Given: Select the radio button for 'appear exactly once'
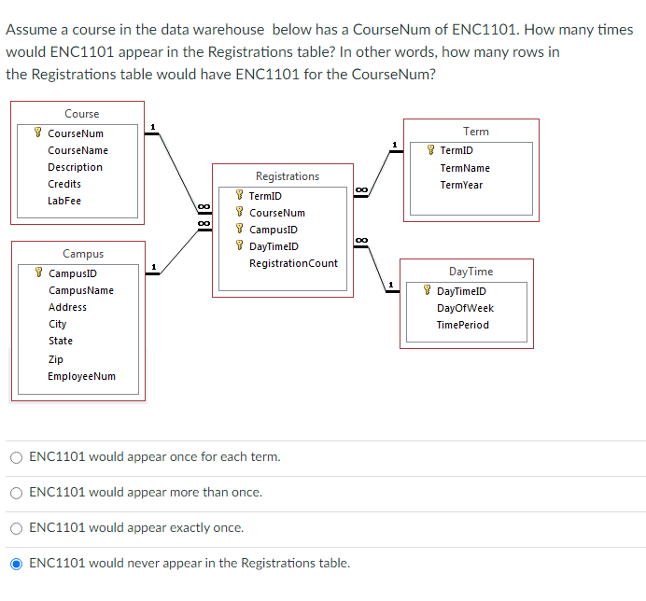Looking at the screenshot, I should tap(17, 528).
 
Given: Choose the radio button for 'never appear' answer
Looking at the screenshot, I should tap(17, 564).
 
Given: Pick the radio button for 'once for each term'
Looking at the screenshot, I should tap(17, 457).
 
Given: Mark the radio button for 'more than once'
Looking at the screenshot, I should tap(17, 493).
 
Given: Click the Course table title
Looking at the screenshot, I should tap(81, 114).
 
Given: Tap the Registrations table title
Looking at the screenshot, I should tap(287, 176).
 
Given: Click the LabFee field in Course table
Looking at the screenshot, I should tap(64, 201).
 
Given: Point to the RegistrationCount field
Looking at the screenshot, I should tap(293, 263).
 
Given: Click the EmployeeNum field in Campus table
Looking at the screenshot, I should tap(82, 376).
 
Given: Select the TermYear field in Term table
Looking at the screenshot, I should tap(461, 185).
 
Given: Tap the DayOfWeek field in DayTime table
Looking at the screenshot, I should tap(465, 308).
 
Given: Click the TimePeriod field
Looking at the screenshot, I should tap(462, 325).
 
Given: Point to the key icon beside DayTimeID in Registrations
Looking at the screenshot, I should tap(240, 246).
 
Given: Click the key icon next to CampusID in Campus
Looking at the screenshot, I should tap(38, 273).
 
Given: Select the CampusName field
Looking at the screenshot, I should tap(81, 290).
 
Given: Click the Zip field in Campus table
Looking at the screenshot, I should tap(56, 359).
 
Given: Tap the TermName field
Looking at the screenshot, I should tap(465, 168).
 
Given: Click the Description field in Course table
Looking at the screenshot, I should tap(75, 167).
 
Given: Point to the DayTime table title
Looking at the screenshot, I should tap(470, 272).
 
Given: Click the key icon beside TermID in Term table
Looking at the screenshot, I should tap(430, 150).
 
